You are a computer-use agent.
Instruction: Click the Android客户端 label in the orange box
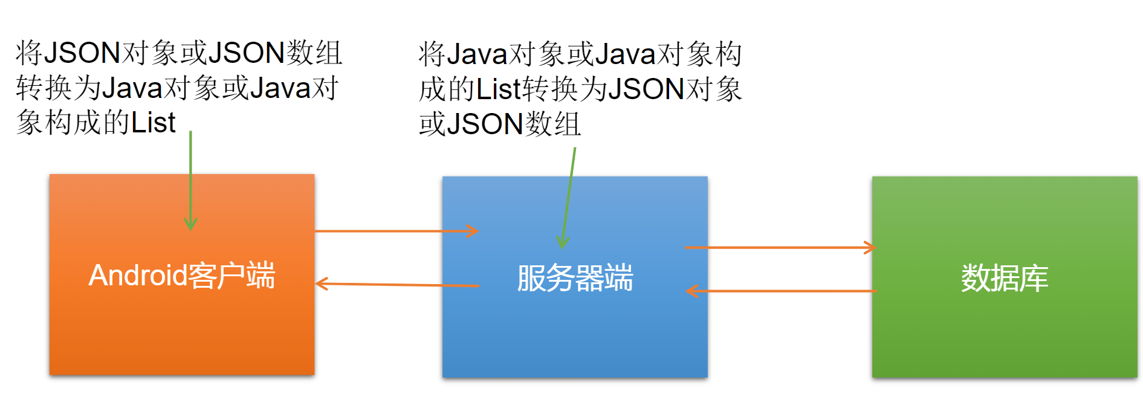(x=181, y=276)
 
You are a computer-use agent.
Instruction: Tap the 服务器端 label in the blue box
(x=574, y=278)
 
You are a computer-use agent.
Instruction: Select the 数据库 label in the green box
(x=1004, y=278)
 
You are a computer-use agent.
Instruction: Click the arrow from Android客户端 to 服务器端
(x=396, y=231)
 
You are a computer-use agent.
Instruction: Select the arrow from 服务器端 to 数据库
(x=780, y=247)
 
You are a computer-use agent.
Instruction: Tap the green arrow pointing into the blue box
(x=569, y=193)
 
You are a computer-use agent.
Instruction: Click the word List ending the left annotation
(x=154, y=123)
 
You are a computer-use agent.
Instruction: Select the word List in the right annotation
(x=499, y=89)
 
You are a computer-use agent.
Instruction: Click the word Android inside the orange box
(x=138, y=276)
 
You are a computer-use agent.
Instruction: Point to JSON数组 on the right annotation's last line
(x=514, y=124)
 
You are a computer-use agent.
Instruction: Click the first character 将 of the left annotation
(x=29, y=53)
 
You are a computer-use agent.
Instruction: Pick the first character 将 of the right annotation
(x=432, y=54)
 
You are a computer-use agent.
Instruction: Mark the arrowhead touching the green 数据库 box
(x=870, y=247)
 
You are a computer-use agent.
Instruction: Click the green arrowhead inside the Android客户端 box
(x=190, y=225)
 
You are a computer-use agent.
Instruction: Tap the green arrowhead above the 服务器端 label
(x=562, y=243)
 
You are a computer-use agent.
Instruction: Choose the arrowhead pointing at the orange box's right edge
(x=322, y=283)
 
